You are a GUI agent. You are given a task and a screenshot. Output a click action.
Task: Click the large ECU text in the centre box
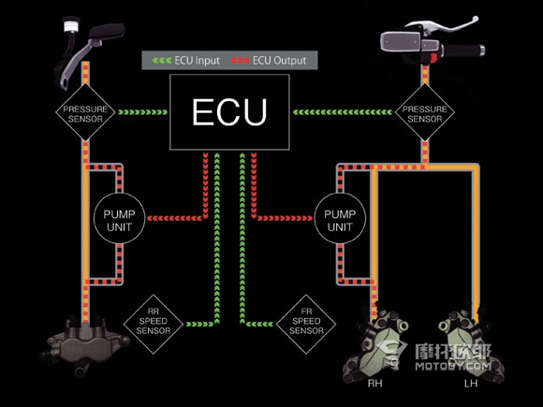(x=229, y=111)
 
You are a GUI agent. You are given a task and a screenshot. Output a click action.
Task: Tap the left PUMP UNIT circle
(x=119, y=219)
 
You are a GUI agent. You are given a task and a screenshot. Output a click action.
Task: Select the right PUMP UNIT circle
(x=340, y=219)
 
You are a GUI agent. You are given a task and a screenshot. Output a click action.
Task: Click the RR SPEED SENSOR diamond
(x=154, y=325)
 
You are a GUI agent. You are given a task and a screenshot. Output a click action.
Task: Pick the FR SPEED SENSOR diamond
(x=306, y=325)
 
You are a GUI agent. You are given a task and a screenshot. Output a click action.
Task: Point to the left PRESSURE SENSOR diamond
(x=85, y=112)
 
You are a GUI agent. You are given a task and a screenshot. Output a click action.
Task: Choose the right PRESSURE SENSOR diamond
(x=424, y=112)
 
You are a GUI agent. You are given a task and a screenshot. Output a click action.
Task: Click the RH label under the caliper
(x=374, y=384)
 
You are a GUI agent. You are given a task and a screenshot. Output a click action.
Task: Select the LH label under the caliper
(x=471, y=384)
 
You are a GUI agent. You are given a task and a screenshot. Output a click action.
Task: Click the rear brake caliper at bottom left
(x=85, y=344)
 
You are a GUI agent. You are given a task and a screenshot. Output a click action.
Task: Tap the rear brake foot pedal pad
(x=107, y=31)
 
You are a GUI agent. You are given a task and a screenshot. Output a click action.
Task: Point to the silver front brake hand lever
(x=442, y=24)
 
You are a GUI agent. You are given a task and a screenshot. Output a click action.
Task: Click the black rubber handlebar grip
(x=463, y=51)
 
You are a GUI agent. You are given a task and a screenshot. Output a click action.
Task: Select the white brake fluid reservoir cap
(x=72, y=25)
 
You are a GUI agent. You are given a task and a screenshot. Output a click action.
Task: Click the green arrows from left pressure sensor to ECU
(x=142, y=112)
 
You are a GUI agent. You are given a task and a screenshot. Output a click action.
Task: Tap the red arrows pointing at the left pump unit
(x=174, y=218)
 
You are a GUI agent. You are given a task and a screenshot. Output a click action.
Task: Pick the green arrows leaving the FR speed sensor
(x=259, y=325)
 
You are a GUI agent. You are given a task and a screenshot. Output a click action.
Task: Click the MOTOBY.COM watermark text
(x=453, y=366)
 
